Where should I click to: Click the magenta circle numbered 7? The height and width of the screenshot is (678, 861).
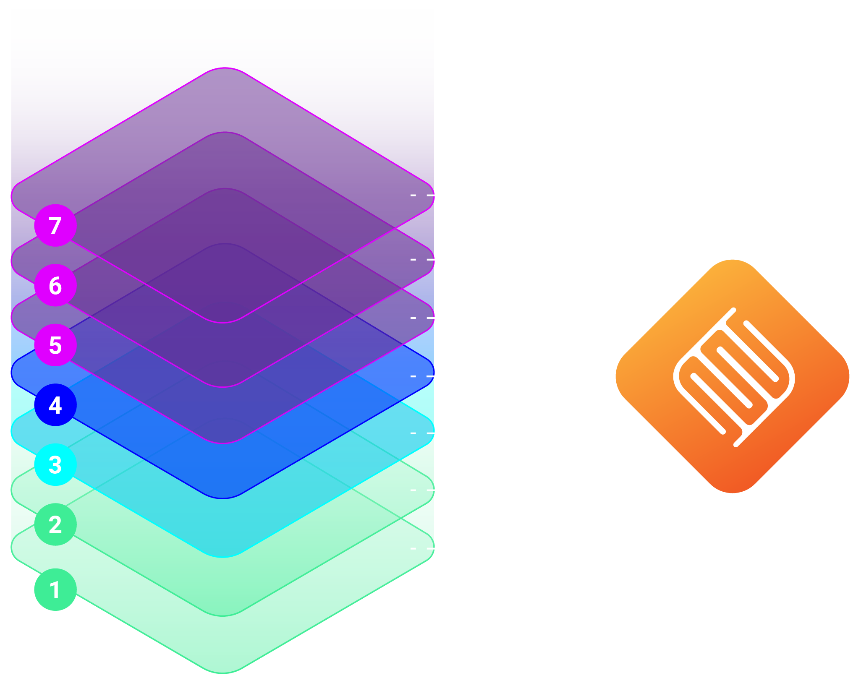55,225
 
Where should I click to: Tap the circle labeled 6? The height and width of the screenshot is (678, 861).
55,285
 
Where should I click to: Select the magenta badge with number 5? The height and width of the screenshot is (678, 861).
55,345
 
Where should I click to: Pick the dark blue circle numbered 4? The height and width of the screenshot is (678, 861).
55,405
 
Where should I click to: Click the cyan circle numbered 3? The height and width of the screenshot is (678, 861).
55,464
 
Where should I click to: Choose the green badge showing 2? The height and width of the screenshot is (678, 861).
55,524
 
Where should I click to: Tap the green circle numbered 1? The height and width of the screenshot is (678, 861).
55,589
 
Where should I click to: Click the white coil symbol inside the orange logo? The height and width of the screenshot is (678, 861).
734,377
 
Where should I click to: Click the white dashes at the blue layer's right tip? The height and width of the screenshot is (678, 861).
422,376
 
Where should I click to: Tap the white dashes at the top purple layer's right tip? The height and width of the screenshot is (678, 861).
422,195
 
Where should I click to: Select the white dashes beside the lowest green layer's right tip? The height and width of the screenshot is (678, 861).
422,548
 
